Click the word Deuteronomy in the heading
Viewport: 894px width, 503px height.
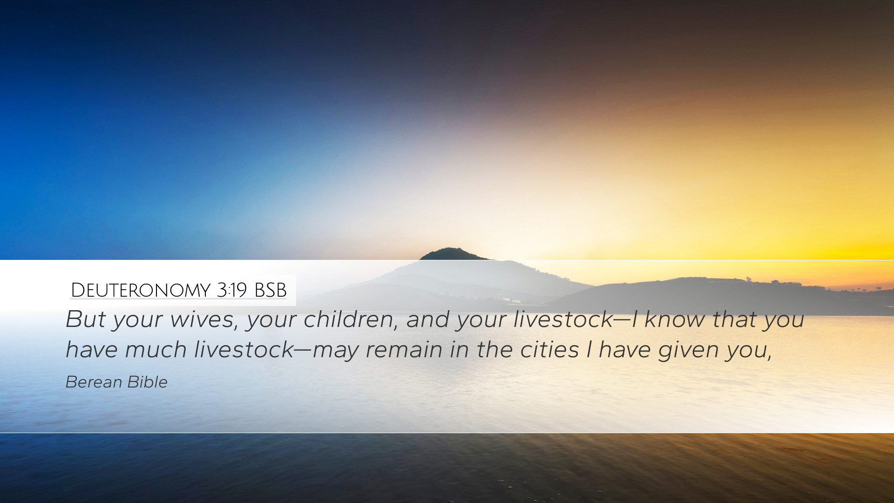(x=140, y=290)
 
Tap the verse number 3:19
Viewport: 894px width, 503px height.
(x=231, y=290)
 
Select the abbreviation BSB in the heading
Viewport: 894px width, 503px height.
(x=271, y=290)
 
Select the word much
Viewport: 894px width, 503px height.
(x=156, y=349)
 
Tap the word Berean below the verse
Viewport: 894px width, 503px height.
(x=93, y=382)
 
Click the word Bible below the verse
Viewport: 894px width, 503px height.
(x=147, y=382)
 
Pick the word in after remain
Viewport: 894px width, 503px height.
(x=459, y=350)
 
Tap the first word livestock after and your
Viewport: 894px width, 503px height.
(x=563, y=319)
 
